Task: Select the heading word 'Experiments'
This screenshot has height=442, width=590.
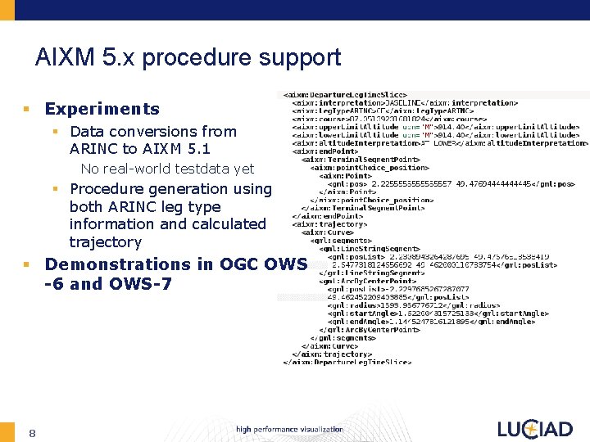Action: click(102, 109)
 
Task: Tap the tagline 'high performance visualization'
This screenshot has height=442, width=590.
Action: click(289, 430)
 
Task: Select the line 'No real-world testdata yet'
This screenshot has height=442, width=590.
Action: click(167, 169)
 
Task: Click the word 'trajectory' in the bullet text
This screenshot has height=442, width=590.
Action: click(105, 242)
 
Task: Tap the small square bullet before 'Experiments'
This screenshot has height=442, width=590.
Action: click(26, 110)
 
